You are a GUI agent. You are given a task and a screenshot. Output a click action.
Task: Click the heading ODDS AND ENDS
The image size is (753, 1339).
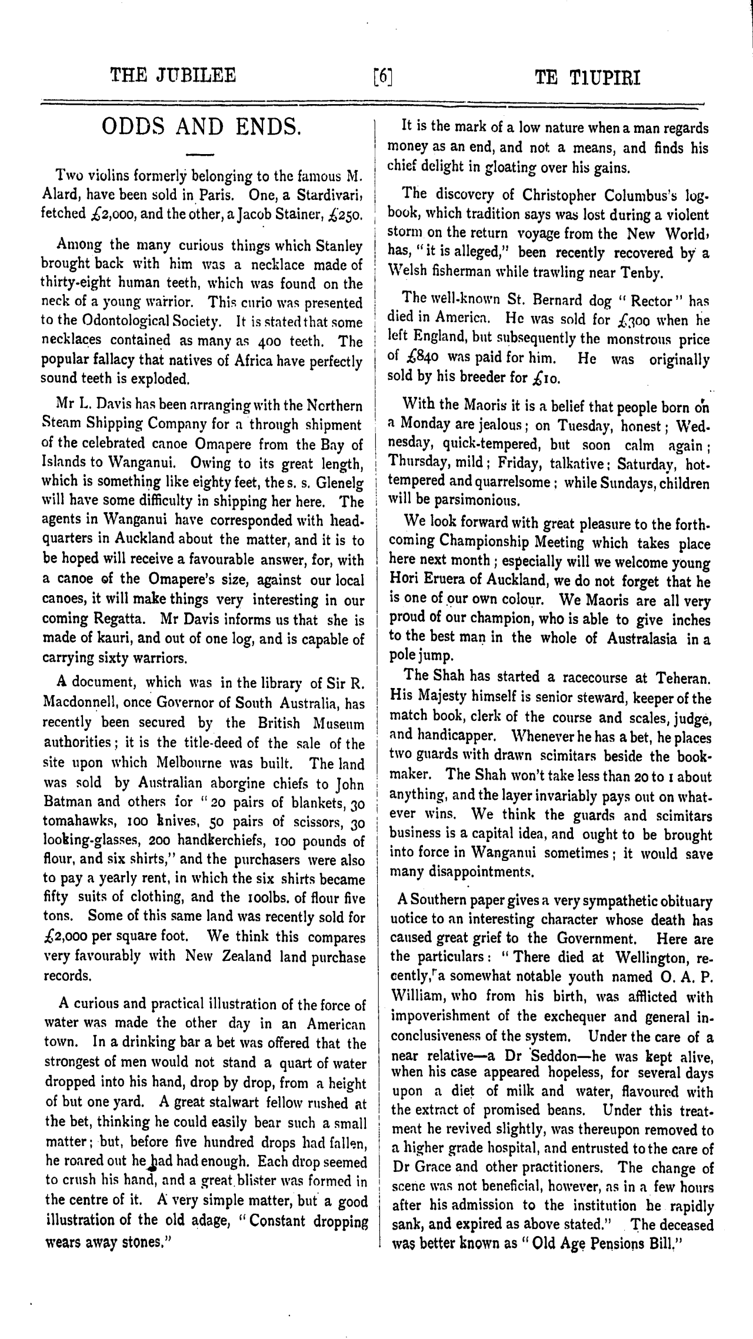point(201,127)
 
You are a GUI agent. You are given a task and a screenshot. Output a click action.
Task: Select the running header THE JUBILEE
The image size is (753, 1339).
point(174,76)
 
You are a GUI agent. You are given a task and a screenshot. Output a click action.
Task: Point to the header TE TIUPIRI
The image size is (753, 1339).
point(587,78)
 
